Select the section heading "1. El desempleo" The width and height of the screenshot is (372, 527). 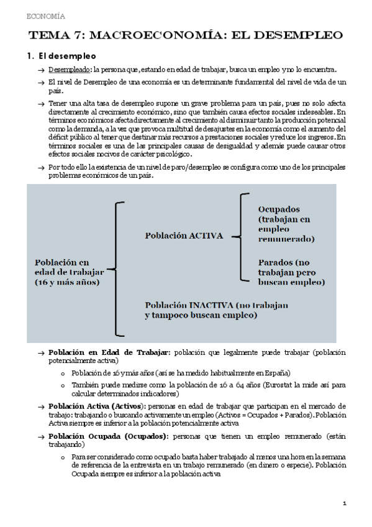pos(61,56)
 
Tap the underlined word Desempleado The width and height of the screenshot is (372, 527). pos(70,70)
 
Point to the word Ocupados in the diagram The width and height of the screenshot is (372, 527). pos(279,209)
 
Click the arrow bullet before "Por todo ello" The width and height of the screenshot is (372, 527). pos(40,168)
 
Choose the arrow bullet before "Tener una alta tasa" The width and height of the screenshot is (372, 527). pos(40,103)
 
